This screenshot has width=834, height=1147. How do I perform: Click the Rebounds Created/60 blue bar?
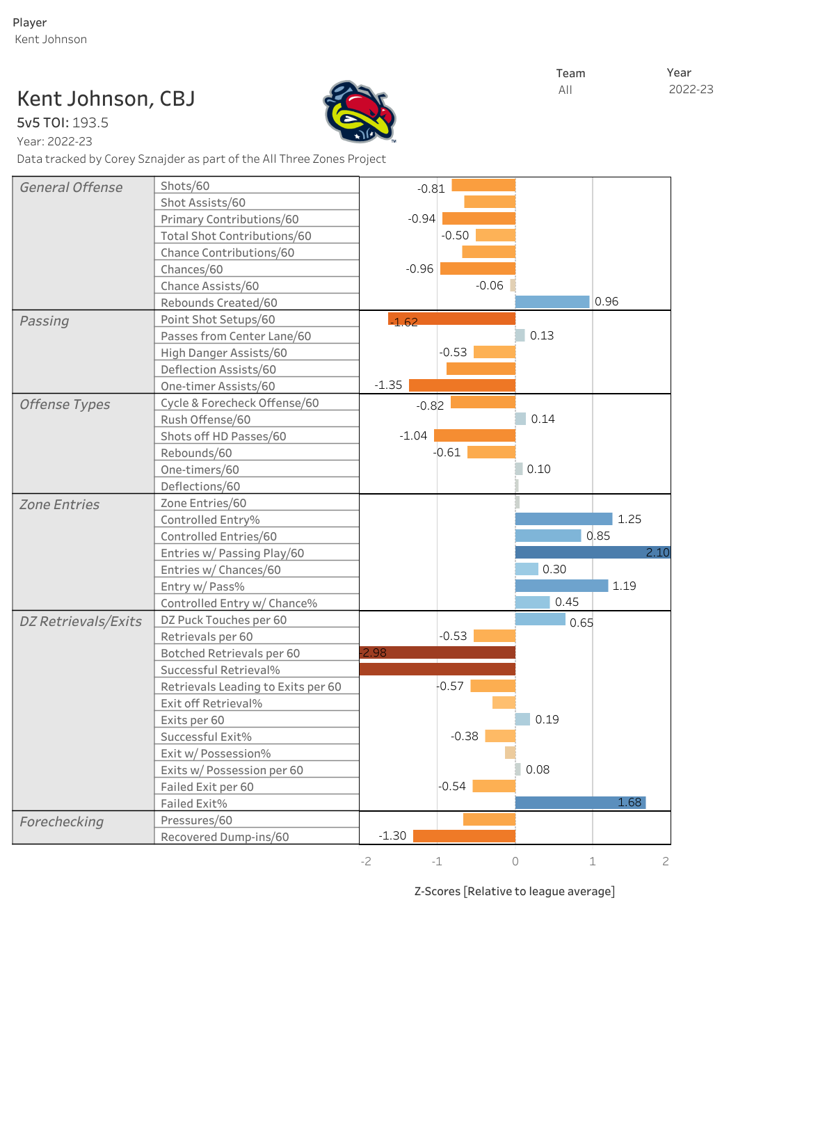[x=552, y=302]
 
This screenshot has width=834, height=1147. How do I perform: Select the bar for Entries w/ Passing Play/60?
[x=592, y=552]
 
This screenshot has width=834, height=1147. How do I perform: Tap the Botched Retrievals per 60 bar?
[x=438, y=652]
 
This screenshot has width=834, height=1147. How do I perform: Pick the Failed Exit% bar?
[x=580, y=803]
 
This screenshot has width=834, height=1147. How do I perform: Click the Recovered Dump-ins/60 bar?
[x=464, y=836]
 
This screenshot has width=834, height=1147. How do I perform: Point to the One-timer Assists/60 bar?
[x=462, y=385]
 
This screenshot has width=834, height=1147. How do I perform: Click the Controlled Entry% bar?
[x=563, y=519]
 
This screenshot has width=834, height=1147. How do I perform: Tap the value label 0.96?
[x=607, y=302]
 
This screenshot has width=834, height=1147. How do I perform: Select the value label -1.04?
[x=413, y=435]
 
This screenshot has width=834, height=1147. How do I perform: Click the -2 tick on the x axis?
[x=366, y=861]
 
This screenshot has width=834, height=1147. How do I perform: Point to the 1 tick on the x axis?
[x=593, y=861]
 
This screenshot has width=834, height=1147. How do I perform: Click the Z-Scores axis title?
[x=515, y=891]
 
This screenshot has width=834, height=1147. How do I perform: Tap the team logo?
[x=359, y=113]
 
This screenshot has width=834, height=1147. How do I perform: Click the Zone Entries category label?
[x=60, y=504]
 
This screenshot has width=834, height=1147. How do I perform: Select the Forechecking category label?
[x=62, y=821]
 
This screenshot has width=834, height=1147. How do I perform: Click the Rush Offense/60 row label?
[x=205, y=419]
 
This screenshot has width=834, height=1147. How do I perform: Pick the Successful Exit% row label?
[x=206, y=737]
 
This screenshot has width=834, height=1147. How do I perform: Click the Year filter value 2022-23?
[x=691, y=89]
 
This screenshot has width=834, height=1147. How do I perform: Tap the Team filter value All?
[x=566, y=90]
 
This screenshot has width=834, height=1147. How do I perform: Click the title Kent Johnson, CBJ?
[x=106, y=99]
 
